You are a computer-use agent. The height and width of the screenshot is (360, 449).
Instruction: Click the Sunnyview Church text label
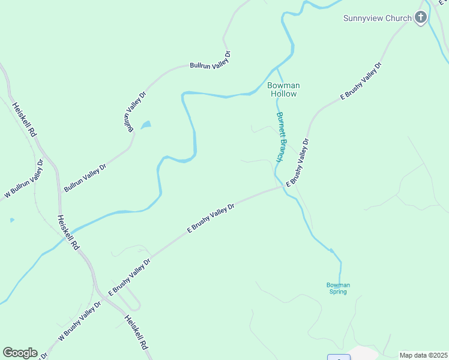[377, 18]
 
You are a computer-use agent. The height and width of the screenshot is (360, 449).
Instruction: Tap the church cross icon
[421, 17]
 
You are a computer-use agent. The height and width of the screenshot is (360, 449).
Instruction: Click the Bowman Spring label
[337, 288]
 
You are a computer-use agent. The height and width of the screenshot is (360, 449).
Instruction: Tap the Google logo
[20, 353]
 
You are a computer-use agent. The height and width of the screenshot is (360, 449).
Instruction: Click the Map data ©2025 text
[423, 355]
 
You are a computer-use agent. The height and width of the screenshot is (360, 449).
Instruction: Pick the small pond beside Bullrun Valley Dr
[146, 125]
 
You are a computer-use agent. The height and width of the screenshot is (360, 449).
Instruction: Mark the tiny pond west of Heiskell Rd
[12, 220]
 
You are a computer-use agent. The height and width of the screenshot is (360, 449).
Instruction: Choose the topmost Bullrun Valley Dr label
[210, 60]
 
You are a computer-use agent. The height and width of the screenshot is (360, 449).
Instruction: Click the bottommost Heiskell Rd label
[136, 332]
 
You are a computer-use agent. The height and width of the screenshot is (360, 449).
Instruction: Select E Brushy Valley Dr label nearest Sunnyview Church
[361, 80]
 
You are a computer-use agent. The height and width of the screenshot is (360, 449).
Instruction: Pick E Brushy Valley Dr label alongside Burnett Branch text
[298, 163]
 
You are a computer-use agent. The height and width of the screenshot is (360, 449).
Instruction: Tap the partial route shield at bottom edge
[340, 358]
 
